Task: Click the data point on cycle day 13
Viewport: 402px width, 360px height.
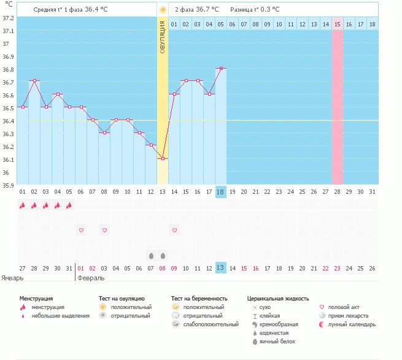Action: [x=163, y=159]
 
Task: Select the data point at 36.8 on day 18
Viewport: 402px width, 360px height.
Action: [x=221, y=69]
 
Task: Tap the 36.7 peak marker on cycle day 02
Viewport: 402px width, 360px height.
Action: [x=34, y=81]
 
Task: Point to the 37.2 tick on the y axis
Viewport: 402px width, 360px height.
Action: [x=9, y=18]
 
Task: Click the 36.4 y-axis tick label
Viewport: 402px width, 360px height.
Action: [x=9, y=121]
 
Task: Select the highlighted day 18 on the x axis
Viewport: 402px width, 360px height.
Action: [x=221, y=192]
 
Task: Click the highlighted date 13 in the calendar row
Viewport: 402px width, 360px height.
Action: [x=221, y=268]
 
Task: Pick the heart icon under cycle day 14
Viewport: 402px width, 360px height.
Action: [x=174, y=230]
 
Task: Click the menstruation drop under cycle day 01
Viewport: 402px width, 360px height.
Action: [x=23, y=205]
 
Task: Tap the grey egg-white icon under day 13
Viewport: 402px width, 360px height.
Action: [x=163, y=255]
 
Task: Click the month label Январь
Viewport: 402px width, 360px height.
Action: [x=12, y=278]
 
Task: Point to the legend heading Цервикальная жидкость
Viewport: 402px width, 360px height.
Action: [x=277, y=298]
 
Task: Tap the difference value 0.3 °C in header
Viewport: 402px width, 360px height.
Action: [x=266, y=10]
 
